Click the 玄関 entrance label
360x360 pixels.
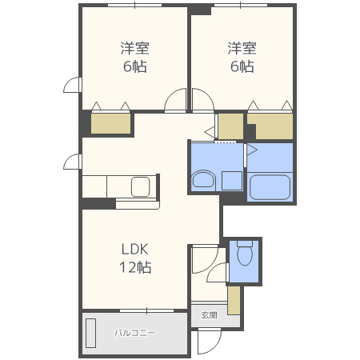click(x=209, y=315)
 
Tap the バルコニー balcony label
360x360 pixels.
click(x=135, y=333)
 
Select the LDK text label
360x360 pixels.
click(x=134, y=249)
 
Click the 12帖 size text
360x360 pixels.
click(x=135, y=267)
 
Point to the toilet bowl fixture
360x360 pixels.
click(x=245, y=254)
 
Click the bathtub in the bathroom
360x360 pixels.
click(x=270, y=187)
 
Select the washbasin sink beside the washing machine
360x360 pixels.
click(x=203, y=179)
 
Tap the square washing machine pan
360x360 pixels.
click(x=232, y=181)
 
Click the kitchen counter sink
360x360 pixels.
click(x=140, y=186)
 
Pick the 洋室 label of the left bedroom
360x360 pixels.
click(x=134, y=48)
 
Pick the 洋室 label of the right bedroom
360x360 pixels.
click(x=242, y=48)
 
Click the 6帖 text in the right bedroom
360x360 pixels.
click(x=242, y=66)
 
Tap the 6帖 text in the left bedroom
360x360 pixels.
click(x=134, y=66)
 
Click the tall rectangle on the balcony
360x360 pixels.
click(x=90, y=333)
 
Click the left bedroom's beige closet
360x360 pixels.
click(x=111, y=123)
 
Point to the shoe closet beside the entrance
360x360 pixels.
click(x=234, y=301)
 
